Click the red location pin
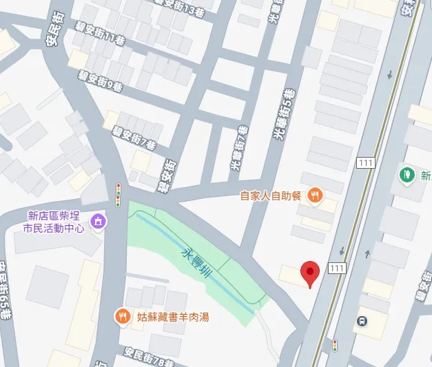pyautogui.click(x=311, y=274)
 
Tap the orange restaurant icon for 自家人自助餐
pyautogui.click(x=315, y=195)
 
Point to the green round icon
pyautogui.click(x=407, y=175)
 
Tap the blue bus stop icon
pyautogui.click(x=362, y=320)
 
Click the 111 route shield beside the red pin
pyautogui.click(x=337, y=268)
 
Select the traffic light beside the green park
pyautogui.click(x=119, y=195)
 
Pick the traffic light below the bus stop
pyautogui.click(x=336, y=344)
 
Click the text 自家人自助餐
pyautogui.click(x=271, y=196)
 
